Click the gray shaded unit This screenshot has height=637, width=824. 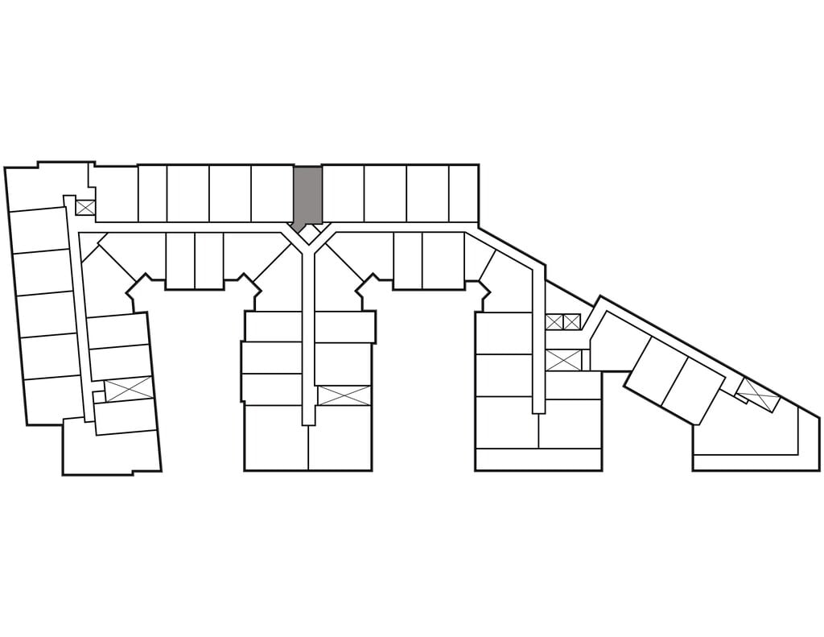click(307, 195)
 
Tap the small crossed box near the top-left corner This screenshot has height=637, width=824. click(84, 207)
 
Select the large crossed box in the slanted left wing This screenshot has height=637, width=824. click(129, 389)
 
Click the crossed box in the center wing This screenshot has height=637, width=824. click(344, 395)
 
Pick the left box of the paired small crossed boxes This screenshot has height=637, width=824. click(554, 322)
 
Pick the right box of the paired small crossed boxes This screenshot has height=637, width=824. click(572, 322)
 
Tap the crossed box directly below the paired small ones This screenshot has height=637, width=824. click(563, 360)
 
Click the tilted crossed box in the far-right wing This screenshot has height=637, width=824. click(758, 395)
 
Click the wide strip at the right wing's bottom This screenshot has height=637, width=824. click(538, 460)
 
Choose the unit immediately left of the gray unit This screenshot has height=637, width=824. click(271, 193)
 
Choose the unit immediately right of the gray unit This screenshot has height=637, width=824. click(343, 193)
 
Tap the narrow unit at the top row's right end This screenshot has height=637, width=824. click(463, 193)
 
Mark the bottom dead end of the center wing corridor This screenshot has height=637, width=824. click(308, 417)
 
